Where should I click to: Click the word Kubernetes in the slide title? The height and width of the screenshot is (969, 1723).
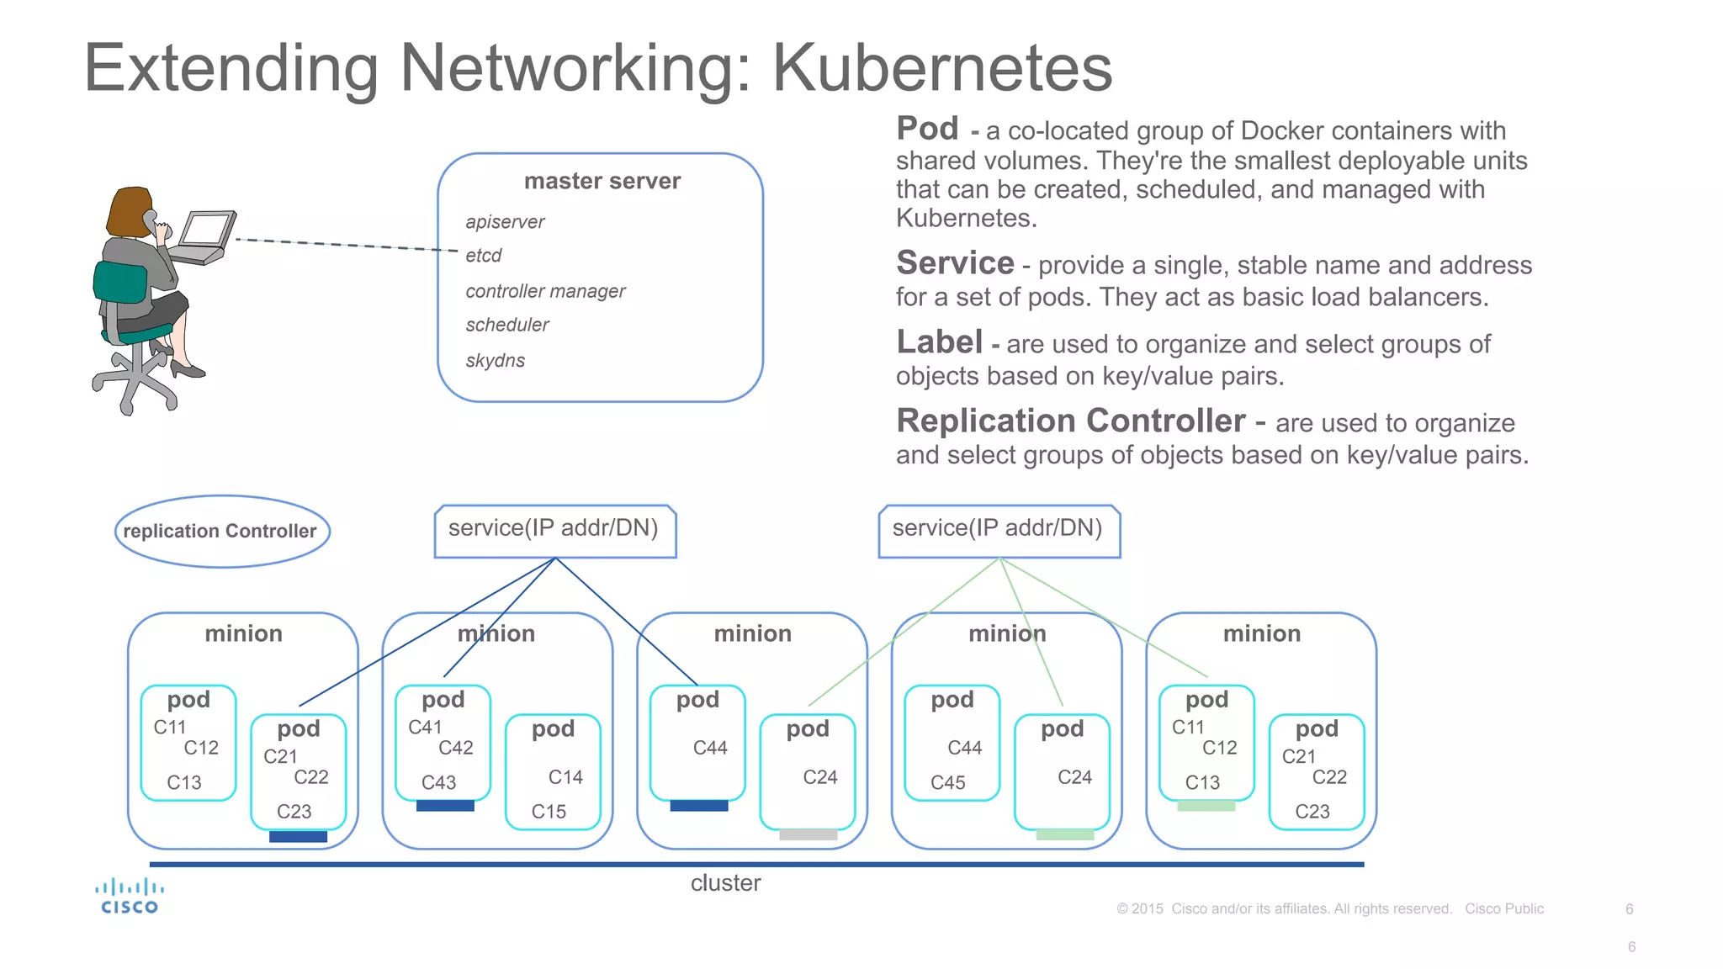[x=942, y=67]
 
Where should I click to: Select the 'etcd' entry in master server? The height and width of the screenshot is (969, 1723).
[x=484, y=256]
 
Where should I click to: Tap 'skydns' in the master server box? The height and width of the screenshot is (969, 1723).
[x=496, y=361]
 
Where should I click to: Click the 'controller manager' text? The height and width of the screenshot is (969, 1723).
[x=545, y=291]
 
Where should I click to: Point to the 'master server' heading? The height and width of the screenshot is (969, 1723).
[x=602, y=181]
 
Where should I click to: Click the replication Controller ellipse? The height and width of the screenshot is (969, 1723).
[x=221, y=531]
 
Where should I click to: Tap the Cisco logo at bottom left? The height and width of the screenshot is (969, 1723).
[x=129, y=897]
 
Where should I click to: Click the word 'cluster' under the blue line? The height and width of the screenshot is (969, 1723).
[x=725, y=883]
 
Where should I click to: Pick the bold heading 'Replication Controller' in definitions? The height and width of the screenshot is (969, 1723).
[x=1070, y=421]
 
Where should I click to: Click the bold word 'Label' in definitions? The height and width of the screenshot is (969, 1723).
[x=939, y=342]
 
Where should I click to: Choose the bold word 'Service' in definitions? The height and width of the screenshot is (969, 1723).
[x=955, y=263]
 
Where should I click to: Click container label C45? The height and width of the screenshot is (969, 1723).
[x=947, y=783]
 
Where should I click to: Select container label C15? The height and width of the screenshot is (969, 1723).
[x=549, y=812]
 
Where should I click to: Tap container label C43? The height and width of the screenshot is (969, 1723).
[x=438, y=783]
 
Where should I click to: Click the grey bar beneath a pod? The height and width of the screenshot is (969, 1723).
[x=808, y=835]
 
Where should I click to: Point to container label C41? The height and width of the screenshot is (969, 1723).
[x=425, y=728]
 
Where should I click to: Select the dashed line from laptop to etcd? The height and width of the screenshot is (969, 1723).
[x=345, y=245]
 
